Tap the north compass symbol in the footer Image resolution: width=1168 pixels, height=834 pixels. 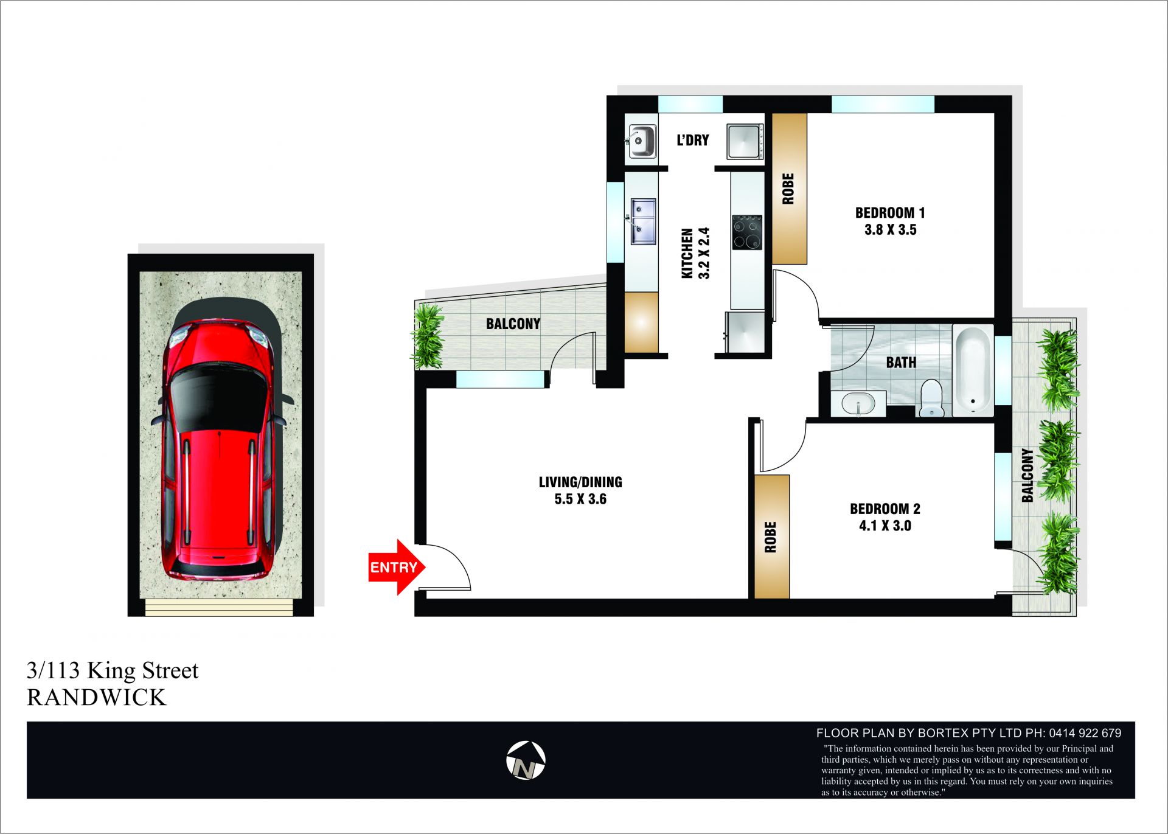pyautogui.click(x=526, y=760)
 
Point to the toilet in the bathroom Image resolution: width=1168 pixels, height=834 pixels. pyautogui.click(x=931, y=398)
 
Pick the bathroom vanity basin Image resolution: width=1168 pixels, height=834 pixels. pyautogui.click(x=858, y=403)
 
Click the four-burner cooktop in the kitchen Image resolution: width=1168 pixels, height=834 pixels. pyautogui.click(x=747, y=232)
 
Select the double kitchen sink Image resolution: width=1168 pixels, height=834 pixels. pyautogui.click(x=643, y=221)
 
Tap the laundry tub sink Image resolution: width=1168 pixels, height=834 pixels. pyautogui.click(x=641, y=142)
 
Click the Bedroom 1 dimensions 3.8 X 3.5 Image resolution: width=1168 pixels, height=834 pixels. pyautogui.click(x=890, y=230)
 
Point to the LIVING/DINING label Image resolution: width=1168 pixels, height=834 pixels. pyautogui.click(x=580, y=482)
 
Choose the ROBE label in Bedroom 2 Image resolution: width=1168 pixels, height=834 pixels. pyautogui.click(x=771, y=537)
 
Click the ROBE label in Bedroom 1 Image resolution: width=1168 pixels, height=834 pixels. pyautogui.click(x=788, y=189)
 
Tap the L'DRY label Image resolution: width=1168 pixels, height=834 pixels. pyautogui.click(x=693, y=140)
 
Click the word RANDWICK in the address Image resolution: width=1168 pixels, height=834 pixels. pyautogui.click(x=96, y=698)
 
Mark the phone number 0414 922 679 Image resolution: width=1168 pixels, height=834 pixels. pyautogui.click(x=1085, y=733)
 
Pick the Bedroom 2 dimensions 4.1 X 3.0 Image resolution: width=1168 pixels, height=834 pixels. pyautogui.click(x=885, y=526)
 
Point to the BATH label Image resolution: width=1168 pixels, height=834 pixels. pyautogui.click(x=901, y=363)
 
